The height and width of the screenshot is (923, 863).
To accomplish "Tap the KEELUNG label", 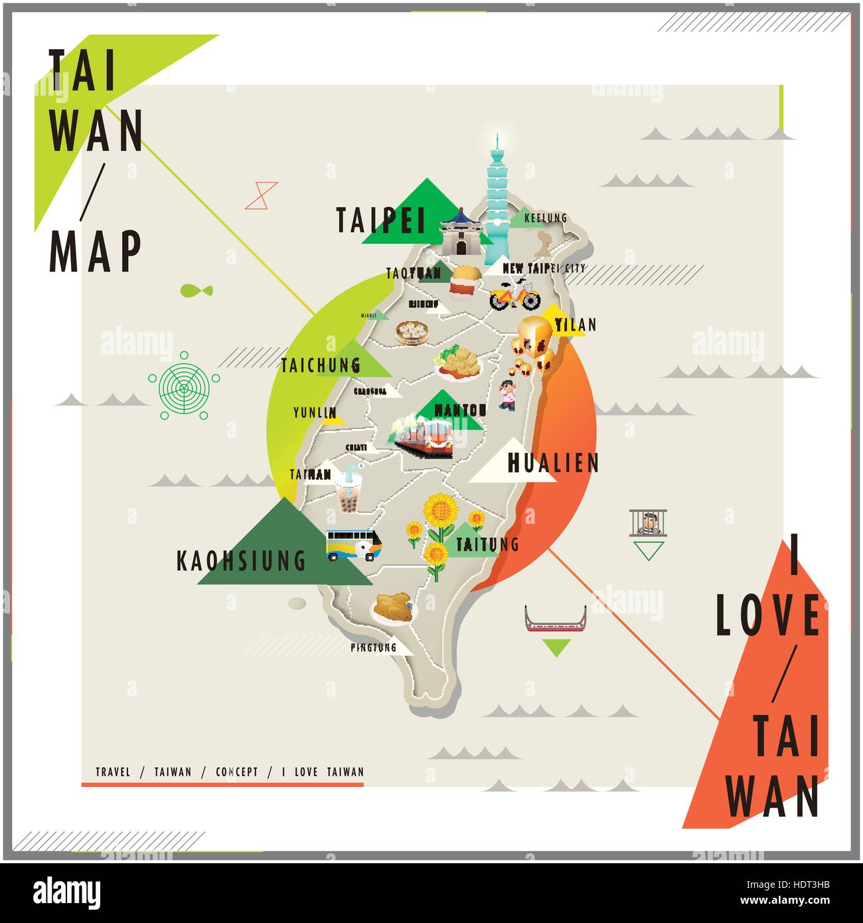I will click(545, 218).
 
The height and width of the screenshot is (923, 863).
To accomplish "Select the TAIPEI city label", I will click(380, 220).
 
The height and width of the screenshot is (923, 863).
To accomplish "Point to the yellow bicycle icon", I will click(515, 294).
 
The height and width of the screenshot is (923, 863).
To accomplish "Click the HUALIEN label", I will click(553, 463).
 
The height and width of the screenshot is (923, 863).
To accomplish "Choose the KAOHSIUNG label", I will click(241, 561).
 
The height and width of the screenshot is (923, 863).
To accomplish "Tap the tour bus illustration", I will click(353, 545).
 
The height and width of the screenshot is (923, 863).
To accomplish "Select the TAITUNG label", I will click(487, 545).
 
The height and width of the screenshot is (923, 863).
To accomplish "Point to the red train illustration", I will click(424, 436).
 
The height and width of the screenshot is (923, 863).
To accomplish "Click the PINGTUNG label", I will click(373, 647).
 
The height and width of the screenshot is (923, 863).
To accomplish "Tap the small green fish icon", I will click(196, 290).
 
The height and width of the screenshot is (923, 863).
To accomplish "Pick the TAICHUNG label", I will click(321, 365).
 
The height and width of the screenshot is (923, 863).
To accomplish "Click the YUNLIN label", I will click(315, 413).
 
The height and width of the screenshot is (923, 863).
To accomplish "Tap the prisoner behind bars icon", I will click(648, 523).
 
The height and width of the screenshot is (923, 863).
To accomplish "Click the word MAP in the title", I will click(96, 252).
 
